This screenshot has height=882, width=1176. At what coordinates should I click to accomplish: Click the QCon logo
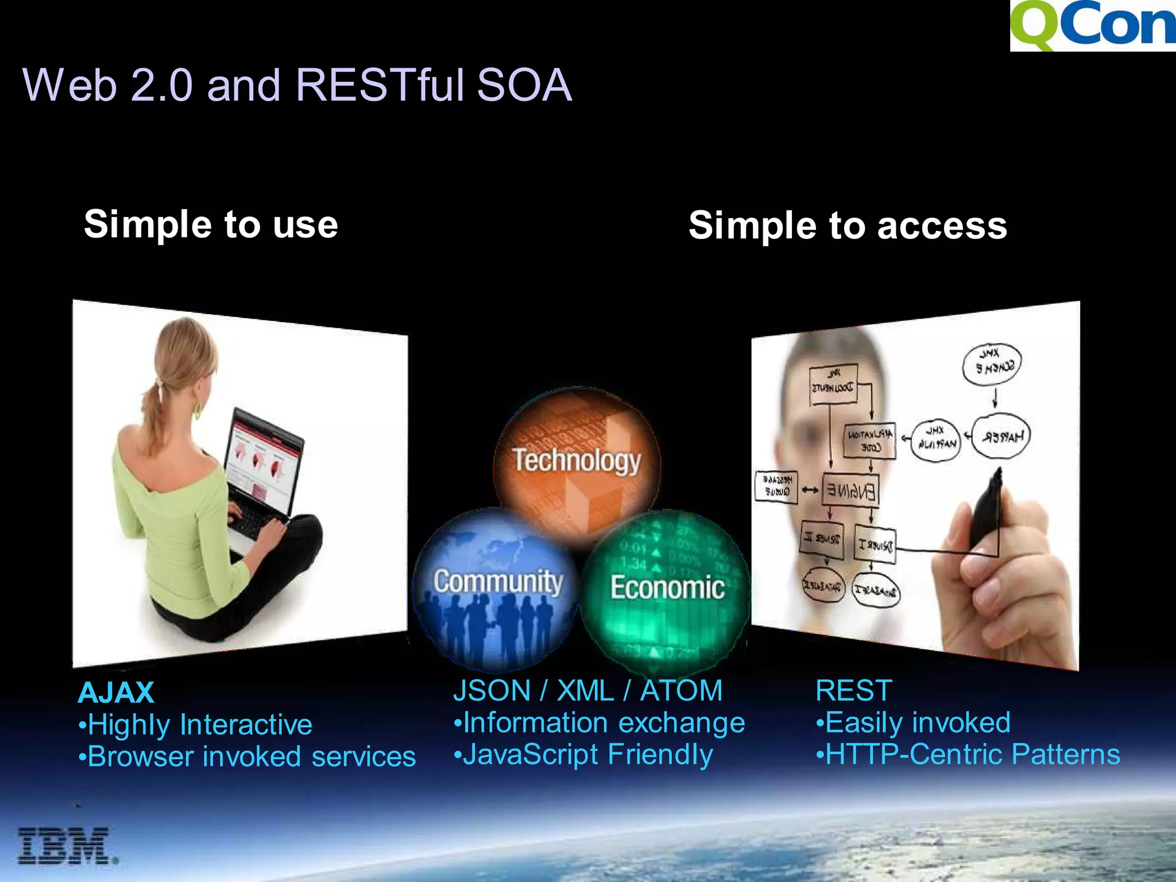[x=1092, y=25]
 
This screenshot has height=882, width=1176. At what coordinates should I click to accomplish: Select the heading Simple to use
[x=211, y=224]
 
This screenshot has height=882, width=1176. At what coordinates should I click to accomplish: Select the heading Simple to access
[x=848, y=225]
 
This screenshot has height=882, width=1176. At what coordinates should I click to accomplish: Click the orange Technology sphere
[x=577, y=459]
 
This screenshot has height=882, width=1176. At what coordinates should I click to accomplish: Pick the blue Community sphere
[x=497, y=586]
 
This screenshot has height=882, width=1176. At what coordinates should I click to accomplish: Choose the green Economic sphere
[x=666, y=589]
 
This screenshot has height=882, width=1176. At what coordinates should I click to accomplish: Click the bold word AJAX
[x=116, y=693]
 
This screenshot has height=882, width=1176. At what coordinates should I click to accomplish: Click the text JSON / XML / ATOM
[x=587, y=690]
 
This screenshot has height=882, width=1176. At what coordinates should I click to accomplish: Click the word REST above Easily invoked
[x=853, y=690]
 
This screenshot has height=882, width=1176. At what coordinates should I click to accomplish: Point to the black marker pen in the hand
[x=987, y=505]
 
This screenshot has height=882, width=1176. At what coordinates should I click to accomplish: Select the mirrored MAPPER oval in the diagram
[x=1001, y=436]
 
